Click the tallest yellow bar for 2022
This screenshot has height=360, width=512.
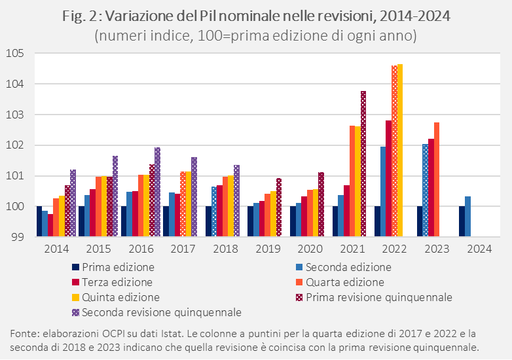point(400,151)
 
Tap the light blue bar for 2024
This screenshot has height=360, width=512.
point(467,216)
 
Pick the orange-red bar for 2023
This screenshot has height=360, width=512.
point(437,179)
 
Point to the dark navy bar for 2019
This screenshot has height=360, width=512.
point(250,221)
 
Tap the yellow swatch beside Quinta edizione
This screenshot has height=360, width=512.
point(75,297)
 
